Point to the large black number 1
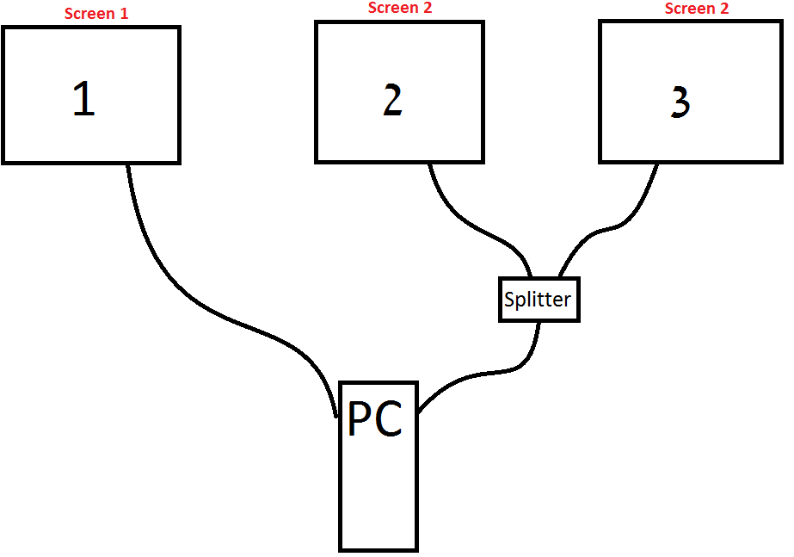click(83, 98)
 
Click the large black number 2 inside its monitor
click(392, 101)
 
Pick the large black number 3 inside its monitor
click(680, 102)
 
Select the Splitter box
click(539, 300)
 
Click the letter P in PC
click(361, 421)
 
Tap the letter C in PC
click(389, 421)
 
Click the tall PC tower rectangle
click(379, 491)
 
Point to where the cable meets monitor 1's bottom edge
click(129, 164)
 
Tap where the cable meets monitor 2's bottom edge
click(430, 163)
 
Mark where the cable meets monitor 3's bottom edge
click(658, 163)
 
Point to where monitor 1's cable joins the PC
click(336, 416)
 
